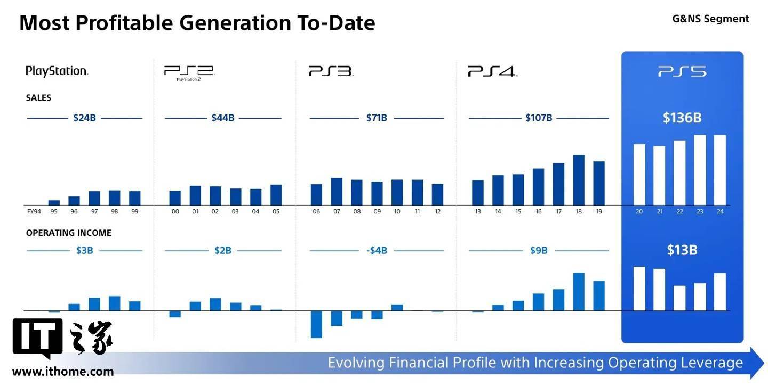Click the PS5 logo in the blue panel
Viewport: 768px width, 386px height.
coord(682,71)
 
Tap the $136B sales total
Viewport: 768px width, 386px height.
coord(682,118)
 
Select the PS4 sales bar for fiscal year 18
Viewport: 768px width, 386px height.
coord(579,180)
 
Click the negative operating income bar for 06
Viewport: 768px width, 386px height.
coord(316,324)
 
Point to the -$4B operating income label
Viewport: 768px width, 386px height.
coord(377,250)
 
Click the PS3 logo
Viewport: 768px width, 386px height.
coord(331,71)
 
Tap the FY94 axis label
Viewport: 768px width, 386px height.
coord(34,211)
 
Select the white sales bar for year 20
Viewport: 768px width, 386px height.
coord(639,175)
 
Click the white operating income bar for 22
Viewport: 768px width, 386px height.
coord(679,298)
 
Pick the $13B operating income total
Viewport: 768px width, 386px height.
coord(682,250)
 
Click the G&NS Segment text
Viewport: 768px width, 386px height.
coord(710,19)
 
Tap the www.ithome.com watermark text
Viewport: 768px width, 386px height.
coord(63,372)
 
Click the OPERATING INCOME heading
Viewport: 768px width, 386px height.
coord(69,233)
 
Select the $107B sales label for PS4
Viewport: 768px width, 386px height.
coord(539,118)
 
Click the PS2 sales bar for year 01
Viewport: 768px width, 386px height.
coord(195,195)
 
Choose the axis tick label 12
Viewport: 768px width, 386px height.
coord(437,211)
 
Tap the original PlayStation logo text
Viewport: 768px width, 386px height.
coord(57,71)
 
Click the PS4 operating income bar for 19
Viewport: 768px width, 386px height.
coord(599,295)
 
